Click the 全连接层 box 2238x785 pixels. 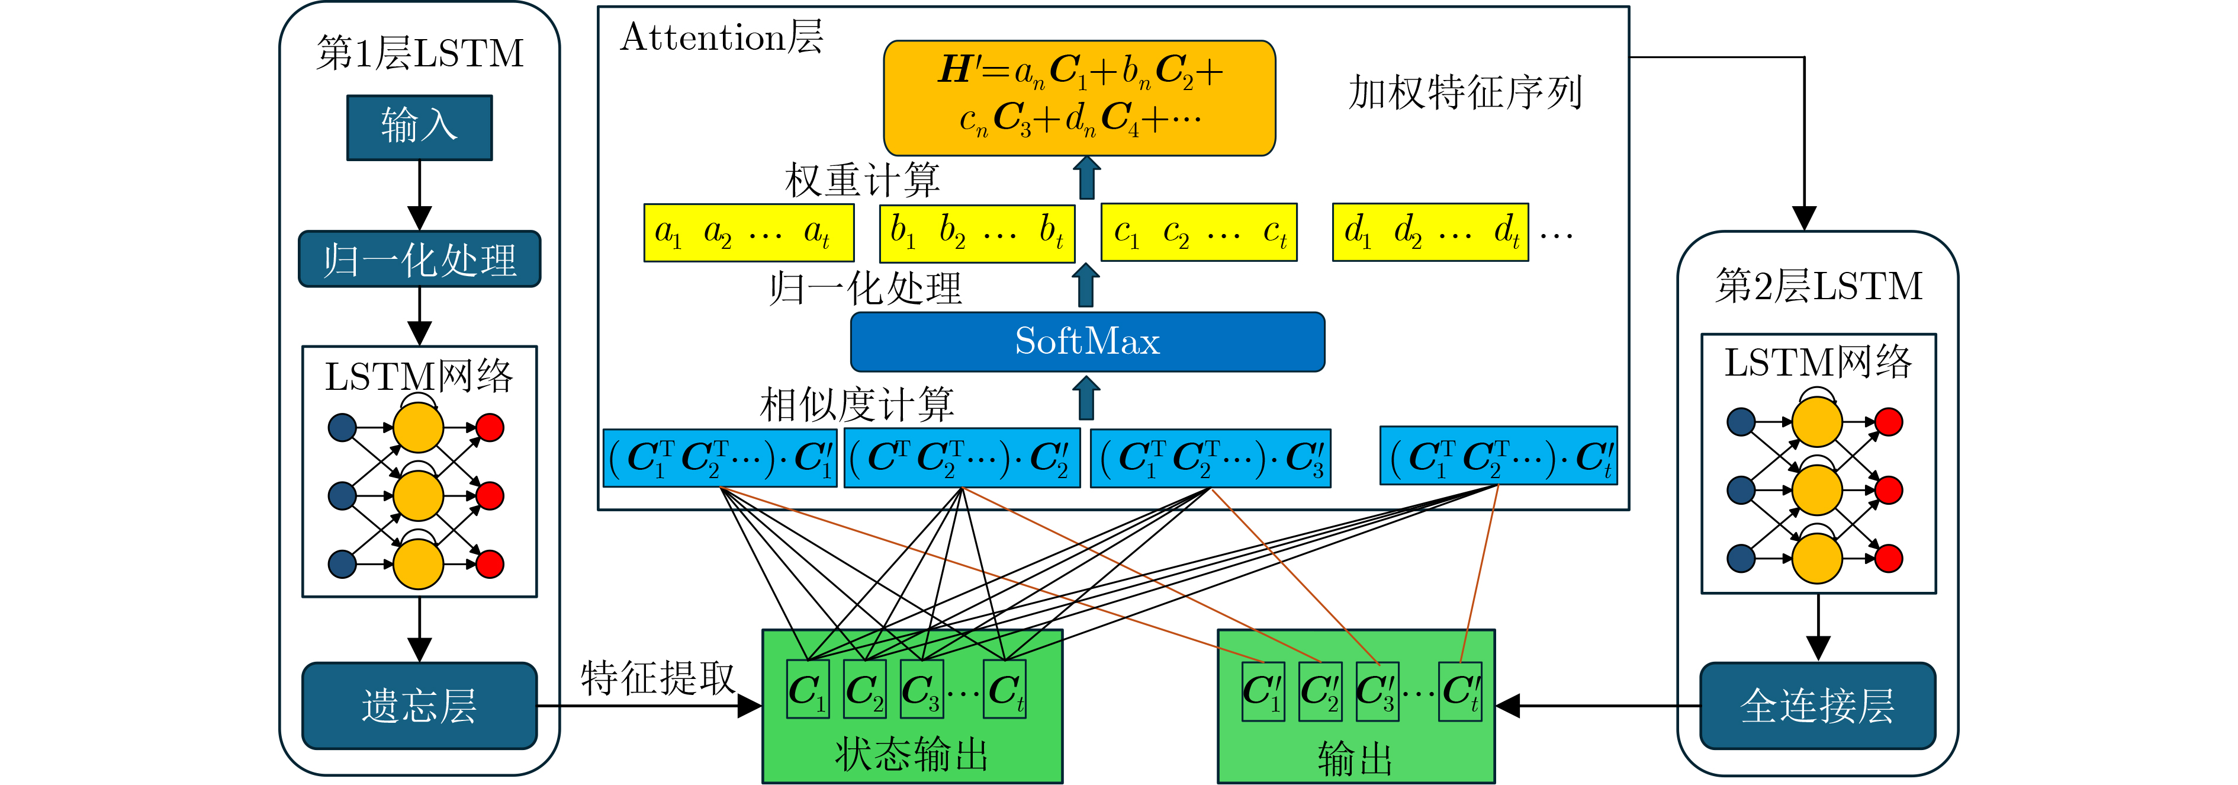(1818, 705)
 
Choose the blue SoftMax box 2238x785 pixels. (1087, 342)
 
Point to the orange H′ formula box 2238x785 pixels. (1079, 97)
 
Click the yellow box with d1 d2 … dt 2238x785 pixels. (1430, 232)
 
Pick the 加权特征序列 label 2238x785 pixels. (1465, 93)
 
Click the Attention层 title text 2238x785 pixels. (721, 39)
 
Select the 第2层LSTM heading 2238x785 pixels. (1818, 286)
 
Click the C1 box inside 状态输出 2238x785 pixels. (807, 690)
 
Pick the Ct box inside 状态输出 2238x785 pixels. (1004, 690)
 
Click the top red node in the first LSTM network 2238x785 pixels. (490, 427)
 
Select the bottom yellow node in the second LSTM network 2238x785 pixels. (1818, 558)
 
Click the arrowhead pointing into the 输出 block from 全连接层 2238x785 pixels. (1508, 705)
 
